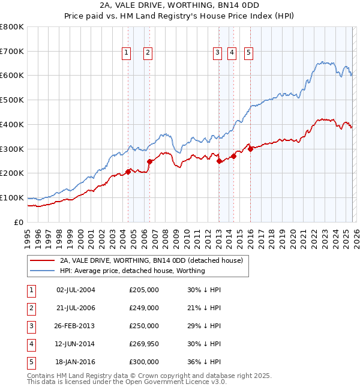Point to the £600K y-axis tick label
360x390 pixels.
pos(11,76)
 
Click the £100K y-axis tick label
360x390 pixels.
pos(11,197)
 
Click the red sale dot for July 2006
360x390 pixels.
pos(149,161)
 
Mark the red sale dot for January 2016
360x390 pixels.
pos(250,149)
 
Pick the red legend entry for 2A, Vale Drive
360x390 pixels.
pos(151,260)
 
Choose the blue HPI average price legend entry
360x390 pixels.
pos(132,271)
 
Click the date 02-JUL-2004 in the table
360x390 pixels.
pos(76,290)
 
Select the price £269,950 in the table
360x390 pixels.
pos(144,344)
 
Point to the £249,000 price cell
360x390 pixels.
pos(144,308)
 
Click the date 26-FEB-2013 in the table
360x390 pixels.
pos(76,326)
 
